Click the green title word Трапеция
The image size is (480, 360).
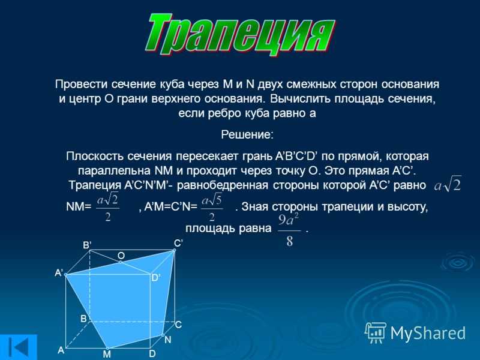pos(241,35)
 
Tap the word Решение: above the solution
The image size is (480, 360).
pos(247,134)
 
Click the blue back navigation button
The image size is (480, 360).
pos(19,347)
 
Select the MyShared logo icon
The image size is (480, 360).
pos(376,333)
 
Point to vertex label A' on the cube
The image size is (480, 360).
pos(59,272)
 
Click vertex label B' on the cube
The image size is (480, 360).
pos(87,245)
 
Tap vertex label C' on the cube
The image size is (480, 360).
pos(178,244)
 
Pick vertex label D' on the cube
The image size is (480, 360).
pos(156,278)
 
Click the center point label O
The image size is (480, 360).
pos(121,256)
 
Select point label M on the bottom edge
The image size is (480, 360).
pos(107,354)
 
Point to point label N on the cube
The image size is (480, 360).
pos(168,340)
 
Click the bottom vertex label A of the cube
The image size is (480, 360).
pos(61,350)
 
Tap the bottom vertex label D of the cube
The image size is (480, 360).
pos(152,354)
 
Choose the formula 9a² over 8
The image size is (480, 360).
pos(289,230)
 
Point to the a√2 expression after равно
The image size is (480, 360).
pos(448,184)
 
